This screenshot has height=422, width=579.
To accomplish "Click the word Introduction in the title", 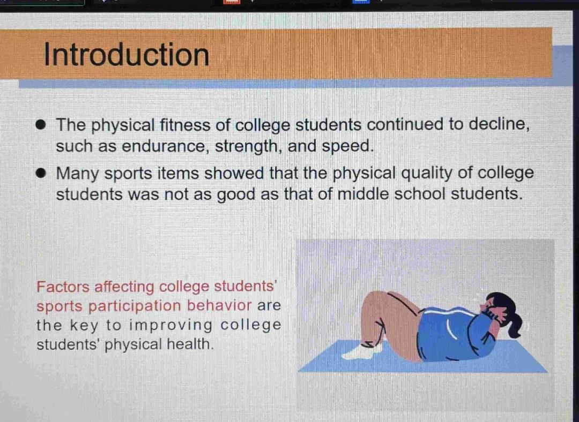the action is point(127,55).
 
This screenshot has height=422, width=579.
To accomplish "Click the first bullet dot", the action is point(41,125).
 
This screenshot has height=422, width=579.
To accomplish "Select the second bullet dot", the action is point(41,173).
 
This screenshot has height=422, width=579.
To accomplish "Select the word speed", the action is point(347,146).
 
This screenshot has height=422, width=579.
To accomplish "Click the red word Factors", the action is point(63,287).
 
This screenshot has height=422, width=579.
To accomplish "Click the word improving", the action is point(170,326).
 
